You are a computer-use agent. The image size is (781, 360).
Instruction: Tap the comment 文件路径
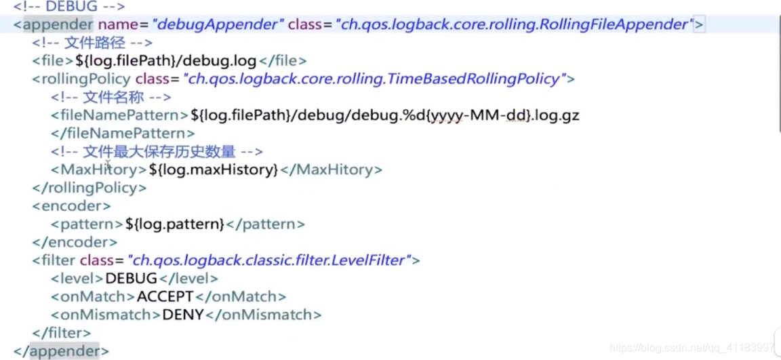92,43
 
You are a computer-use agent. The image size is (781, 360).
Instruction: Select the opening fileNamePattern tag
119,115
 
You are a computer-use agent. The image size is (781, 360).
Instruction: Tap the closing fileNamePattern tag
123,134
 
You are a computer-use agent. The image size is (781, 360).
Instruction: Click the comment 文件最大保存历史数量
157,152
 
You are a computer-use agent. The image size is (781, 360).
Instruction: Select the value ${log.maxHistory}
214,169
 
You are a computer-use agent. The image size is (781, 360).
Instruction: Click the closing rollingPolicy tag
89,188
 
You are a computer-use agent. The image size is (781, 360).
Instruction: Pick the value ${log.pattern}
175,224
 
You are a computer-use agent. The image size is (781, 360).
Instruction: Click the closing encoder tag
75,242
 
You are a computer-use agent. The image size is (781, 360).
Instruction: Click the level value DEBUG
131,279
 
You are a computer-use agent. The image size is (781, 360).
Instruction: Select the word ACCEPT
165,297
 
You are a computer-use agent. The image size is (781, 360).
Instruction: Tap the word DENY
183,315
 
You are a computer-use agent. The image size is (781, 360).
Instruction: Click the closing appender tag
61,351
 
